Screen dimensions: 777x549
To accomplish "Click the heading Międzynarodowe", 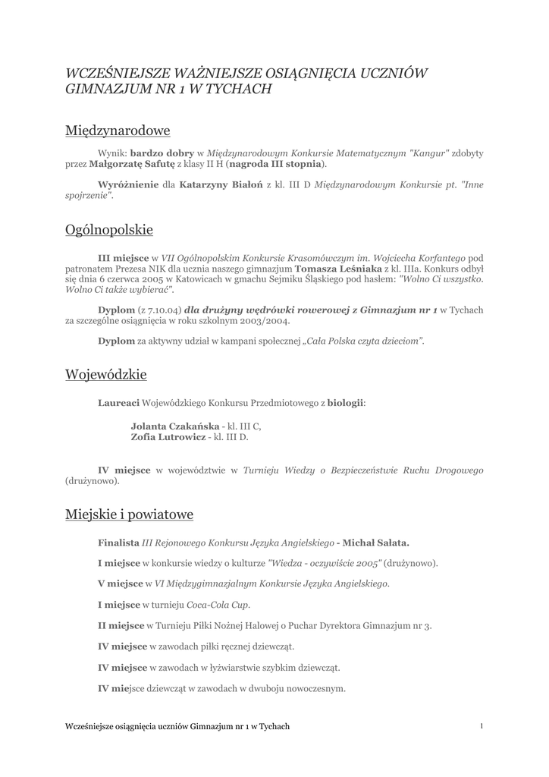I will (118, 131).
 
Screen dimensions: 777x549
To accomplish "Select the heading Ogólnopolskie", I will (109, 229).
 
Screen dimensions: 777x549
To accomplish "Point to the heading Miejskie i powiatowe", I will (130, 514).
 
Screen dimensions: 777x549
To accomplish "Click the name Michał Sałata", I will (376, 543).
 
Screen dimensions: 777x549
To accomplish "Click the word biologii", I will (345, 403).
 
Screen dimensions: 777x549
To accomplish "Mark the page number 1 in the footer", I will (482, 726).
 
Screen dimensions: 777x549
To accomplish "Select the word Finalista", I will (118, 543).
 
